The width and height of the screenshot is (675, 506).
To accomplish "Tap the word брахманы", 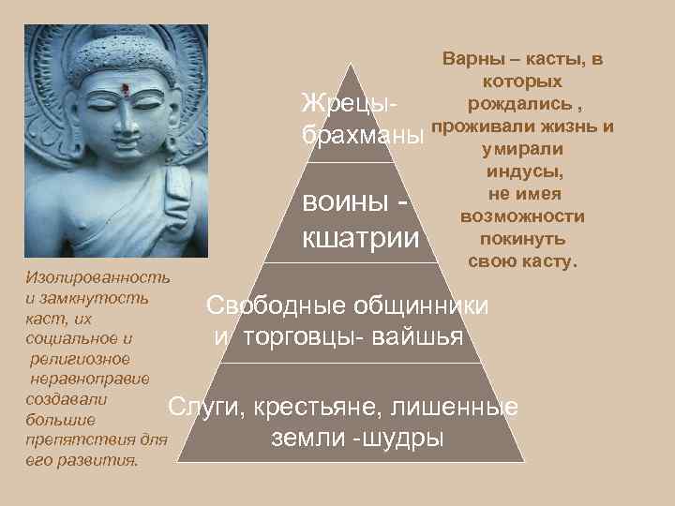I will coord(361,133).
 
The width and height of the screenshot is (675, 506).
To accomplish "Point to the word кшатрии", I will coord(359,236).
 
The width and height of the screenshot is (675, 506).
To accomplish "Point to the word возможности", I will coord(523,216).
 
